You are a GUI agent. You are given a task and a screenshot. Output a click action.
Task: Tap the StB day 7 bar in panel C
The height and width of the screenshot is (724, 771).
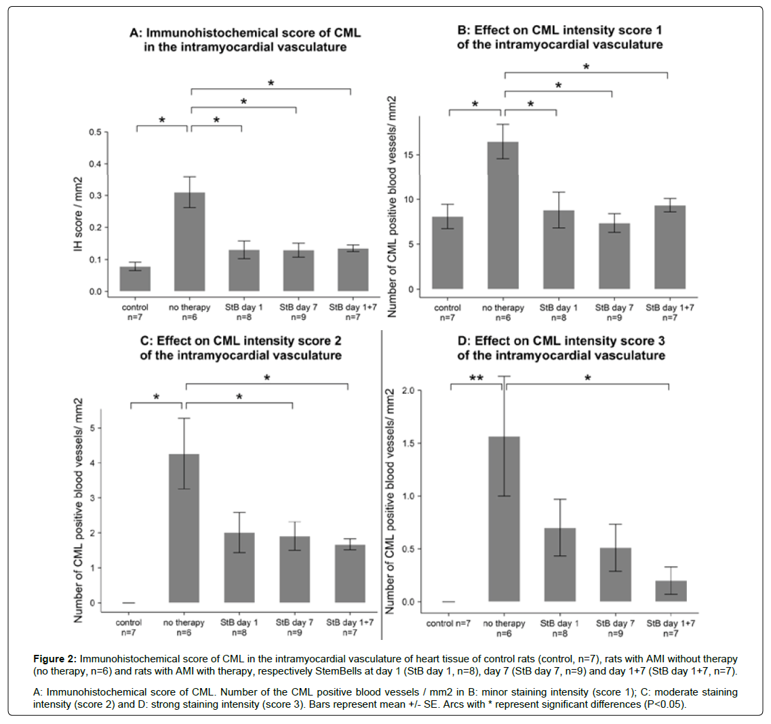pyautogui.click(x=294, y=569)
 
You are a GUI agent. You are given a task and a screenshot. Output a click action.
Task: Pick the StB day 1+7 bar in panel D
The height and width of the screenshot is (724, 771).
pyautogui.click(x=671, y=591)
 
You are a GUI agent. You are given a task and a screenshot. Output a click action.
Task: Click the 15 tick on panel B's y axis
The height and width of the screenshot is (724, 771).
pyautogui.click(x=411, y=155)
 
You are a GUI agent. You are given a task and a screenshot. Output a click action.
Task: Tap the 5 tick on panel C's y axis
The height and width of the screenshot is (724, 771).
pyautogui.click(x=93, y=428)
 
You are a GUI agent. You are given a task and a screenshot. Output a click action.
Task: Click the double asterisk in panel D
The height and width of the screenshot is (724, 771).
pyautogui.click(x=476, y=378)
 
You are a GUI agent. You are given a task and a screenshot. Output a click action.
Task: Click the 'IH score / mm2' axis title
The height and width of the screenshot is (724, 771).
pyautogui.click(x=79, y=215)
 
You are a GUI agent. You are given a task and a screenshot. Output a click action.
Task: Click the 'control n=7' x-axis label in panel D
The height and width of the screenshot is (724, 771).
pyautogui.click(x=448, y=624)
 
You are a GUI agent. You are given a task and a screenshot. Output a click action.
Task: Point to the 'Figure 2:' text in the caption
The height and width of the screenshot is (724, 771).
pyautogui.click(x=55, y=659)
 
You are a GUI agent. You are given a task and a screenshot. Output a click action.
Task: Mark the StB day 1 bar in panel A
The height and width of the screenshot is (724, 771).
pyautogui.click(x=243, y=270)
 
